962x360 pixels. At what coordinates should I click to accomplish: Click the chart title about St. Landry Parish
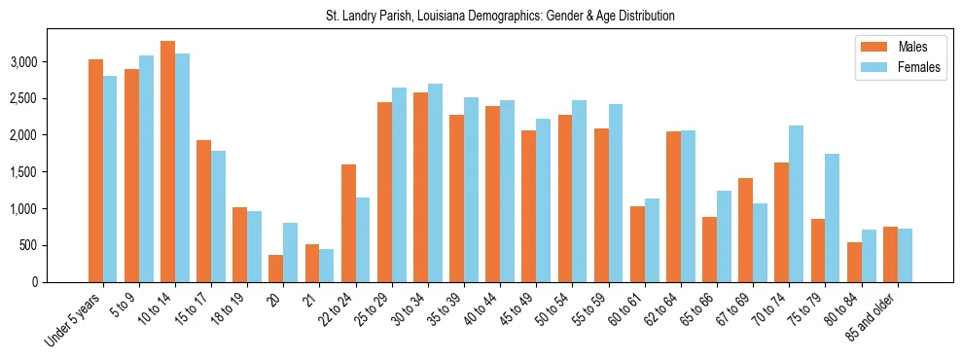tap(500, 17)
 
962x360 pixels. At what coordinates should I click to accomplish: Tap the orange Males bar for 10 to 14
tap(167, 162)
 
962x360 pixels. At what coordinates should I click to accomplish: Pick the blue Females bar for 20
tap(290, 252)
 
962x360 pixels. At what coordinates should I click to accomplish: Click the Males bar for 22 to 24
tap(348, 223)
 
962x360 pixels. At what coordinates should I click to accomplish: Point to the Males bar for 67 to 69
tap(744, 230)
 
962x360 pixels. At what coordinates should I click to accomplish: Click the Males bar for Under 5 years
tap(95, 170)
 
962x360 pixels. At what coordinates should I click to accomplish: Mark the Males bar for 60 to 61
tap(636, 244)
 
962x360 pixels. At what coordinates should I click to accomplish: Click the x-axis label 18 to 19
tap(228, 309)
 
